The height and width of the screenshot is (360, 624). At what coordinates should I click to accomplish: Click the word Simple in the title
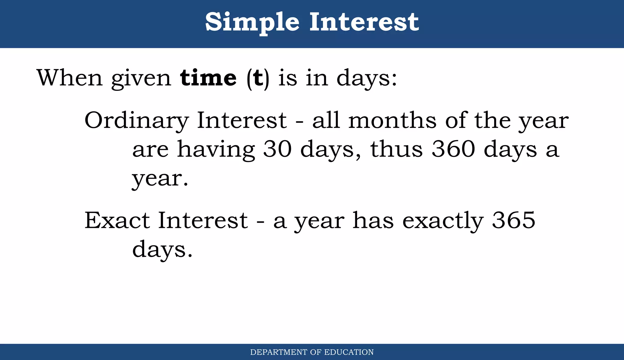252,23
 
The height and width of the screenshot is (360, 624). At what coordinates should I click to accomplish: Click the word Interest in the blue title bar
364,22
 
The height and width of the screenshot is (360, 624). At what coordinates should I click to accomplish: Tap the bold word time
208,78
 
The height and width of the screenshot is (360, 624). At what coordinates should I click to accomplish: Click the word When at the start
69,78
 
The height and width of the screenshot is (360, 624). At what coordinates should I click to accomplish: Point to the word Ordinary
136,121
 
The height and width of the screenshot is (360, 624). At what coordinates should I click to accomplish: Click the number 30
277,149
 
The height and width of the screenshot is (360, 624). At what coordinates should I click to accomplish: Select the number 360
453,149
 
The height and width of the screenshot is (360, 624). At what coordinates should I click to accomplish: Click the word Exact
117,220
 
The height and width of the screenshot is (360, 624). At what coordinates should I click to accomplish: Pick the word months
392,120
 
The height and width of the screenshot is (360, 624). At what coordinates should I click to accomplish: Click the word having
216,150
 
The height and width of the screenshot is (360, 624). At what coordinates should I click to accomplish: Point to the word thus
396,149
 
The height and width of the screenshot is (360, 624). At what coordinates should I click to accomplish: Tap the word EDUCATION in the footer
349,352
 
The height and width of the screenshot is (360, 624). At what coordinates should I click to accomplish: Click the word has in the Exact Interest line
373,220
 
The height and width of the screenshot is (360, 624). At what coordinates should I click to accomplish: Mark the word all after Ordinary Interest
326,120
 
